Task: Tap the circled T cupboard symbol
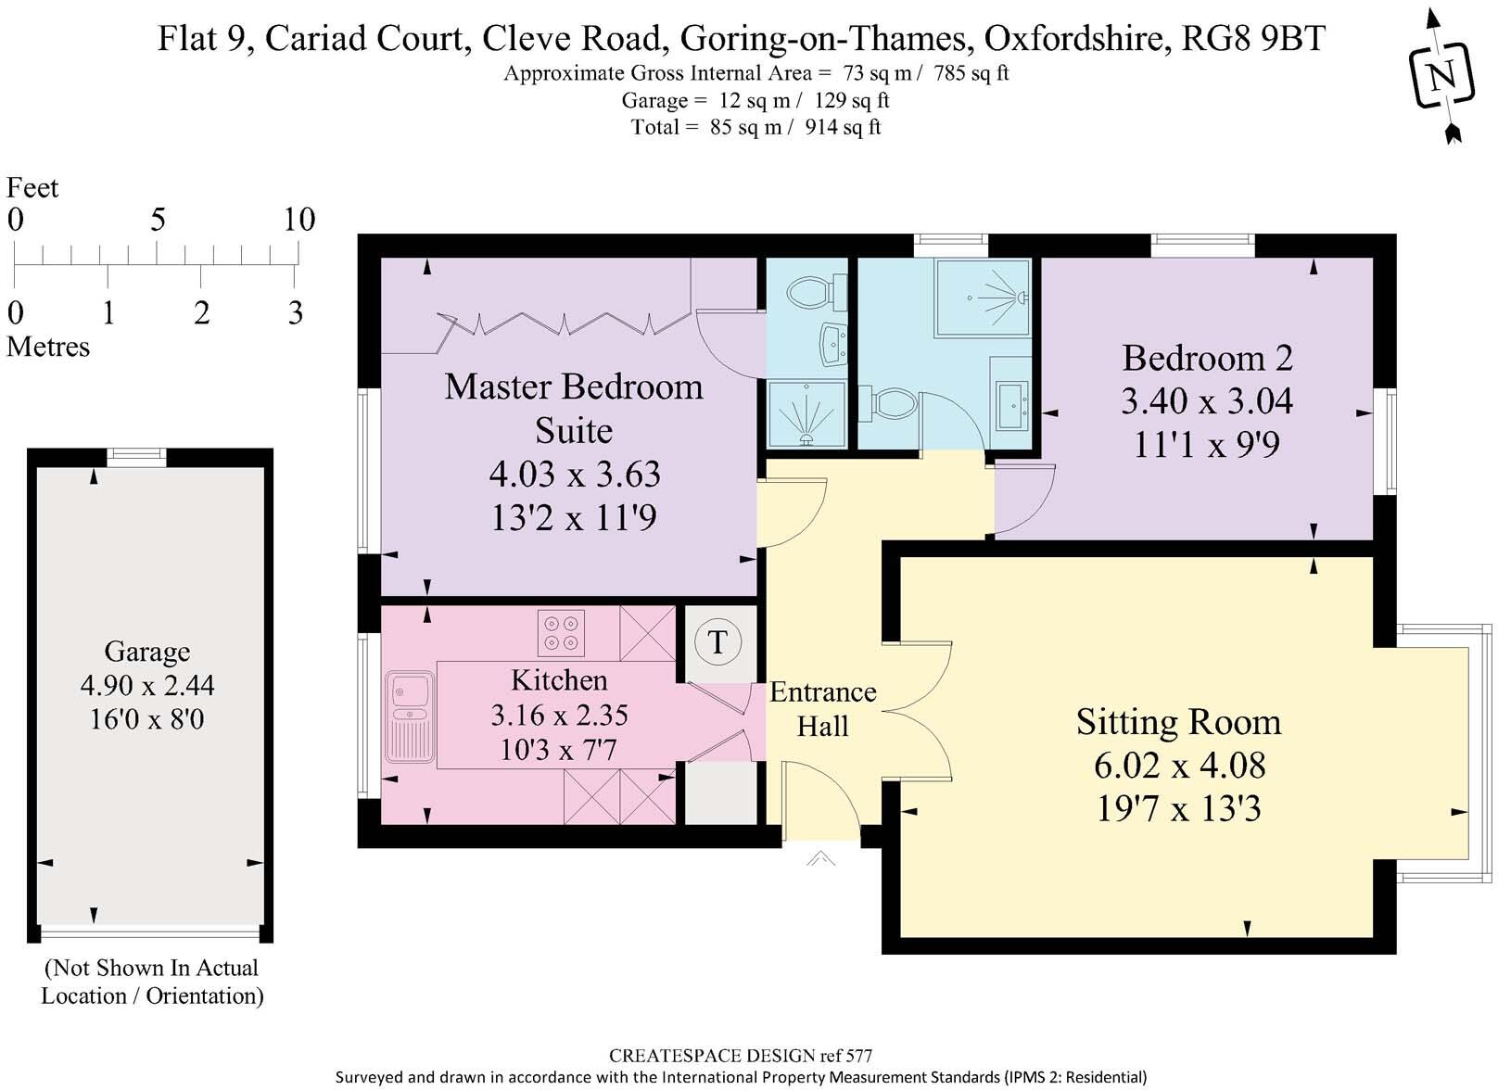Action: pos(717,641)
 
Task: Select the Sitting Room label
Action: pos(1178,722)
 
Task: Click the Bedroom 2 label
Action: pos(1206,358)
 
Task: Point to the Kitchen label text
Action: pos(559,680)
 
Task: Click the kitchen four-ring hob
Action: pos(561,632)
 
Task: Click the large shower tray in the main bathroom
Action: pos(983,297)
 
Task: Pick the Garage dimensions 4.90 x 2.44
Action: pos(147,686)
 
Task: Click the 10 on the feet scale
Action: pos(298,220)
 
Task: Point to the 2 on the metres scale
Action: pos(201,313)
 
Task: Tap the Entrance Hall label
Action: pos(822,709)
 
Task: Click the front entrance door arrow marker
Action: pos(820,859)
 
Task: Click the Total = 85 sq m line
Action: pos(755,127)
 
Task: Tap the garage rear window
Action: pos(135,456)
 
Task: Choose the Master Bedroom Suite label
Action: pos(573,408)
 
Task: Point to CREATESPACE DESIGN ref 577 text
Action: pos(740,1055)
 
